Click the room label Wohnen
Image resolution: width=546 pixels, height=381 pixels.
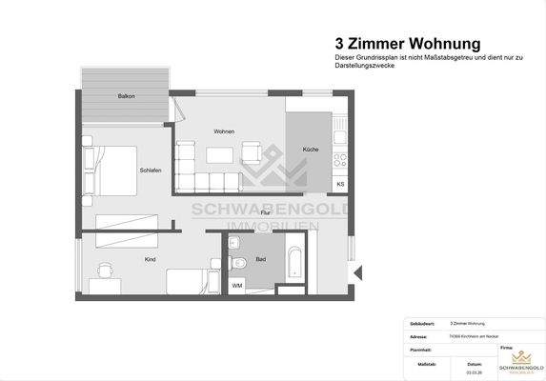[x=224, y=130]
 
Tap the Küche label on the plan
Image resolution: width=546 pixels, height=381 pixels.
[x=311, y=150]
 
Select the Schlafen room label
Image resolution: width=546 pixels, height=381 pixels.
[x=150, y=170]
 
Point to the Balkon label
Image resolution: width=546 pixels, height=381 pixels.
[x=125, y=97]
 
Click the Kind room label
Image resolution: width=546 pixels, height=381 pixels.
[x=150, y=259]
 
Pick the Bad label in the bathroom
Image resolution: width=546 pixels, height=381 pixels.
[x=260, y=259]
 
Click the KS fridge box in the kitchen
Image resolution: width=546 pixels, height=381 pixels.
[x=340, y=183]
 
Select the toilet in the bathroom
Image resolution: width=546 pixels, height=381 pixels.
[x=238, y=258]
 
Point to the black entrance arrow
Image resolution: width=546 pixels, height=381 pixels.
[x=356, y=274]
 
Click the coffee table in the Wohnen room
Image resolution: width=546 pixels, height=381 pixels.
[x=221, y=154]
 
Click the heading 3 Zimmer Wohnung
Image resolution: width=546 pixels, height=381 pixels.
[x=407, y=43]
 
